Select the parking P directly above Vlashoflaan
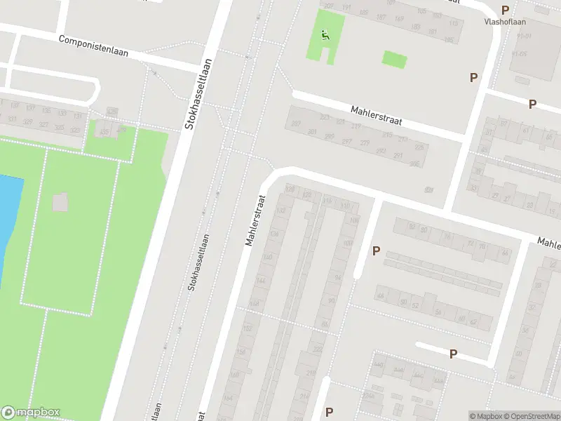tap(505, 10)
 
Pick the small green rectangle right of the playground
tap(395, 59)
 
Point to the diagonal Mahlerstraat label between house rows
tap(377, 116)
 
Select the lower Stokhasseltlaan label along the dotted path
tap(197, 262)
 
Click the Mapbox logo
tap(31, 413)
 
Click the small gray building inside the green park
tap(61, 202)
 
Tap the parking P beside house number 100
tap(376, 250)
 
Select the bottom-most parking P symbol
tap(329, 412)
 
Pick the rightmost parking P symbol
tap(532, 104)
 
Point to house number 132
tap(283, 210)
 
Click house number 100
tap(349, 243)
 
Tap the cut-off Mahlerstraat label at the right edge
tap(549, 243)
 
